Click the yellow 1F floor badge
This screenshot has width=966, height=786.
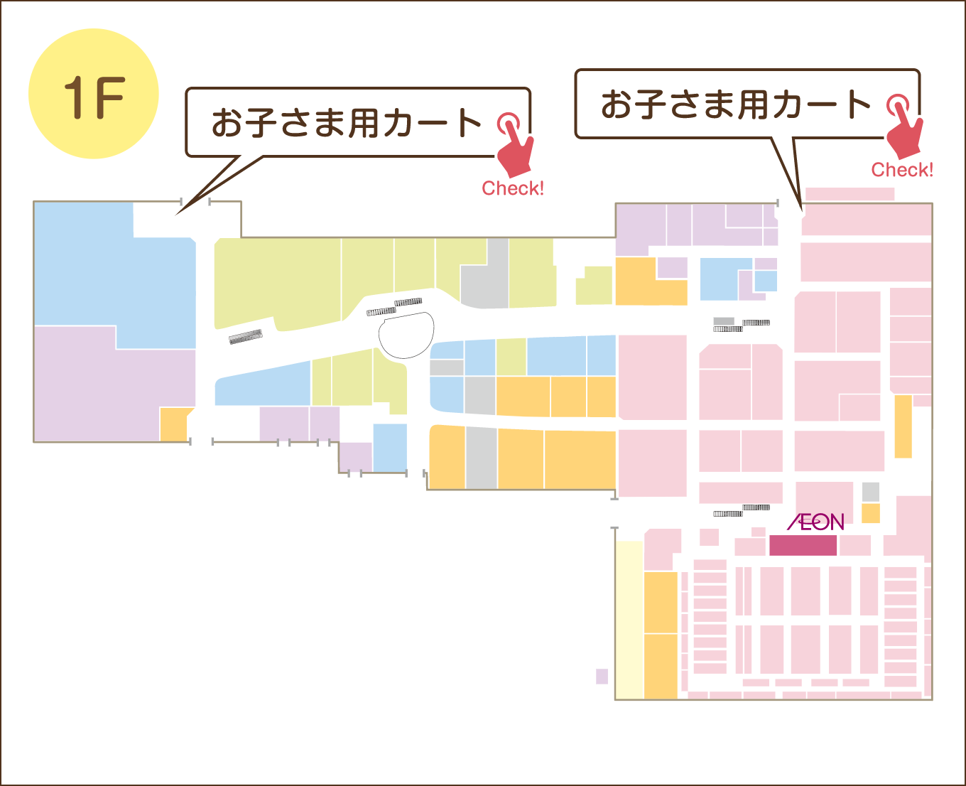[93, 94]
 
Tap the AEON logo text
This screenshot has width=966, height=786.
[815, 522]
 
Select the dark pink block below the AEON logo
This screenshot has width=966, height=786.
[803, 545]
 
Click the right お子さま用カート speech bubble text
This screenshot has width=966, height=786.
[736, 104]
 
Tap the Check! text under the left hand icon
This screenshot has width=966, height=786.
[513, 188]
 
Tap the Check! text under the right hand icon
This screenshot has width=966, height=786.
[902, 170]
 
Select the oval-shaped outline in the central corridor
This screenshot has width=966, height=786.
[407, 334]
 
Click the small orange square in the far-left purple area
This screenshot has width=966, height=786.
[173, 424]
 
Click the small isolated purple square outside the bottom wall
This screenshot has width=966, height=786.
[602, 676]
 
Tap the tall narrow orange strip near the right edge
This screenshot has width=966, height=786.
[903, 426]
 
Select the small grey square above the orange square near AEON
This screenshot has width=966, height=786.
[871, 491]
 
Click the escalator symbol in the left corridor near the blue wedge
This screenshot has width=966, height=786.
[246, 336]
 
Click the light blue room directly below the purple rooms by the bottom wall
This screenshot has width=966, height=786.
[390, 448]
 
